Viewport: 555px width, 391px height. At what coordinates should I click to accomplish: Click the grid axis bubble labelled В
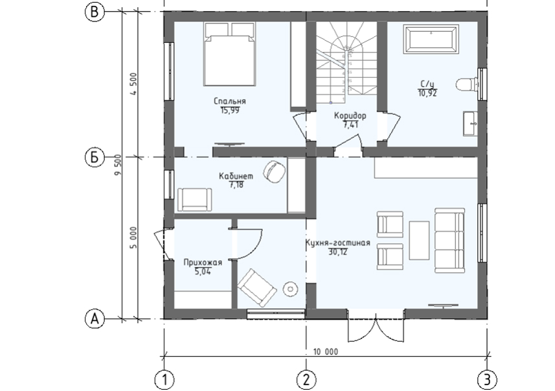click(95, 12)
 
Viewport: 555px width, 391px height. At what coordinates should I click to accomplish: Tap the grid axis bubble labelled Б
click(95, 157)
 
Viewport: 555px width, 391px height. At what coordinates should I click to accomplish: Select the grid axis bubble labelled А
click(95, 319)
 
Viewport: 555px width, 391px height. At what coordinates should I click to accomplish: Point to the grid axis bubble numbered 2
click(306, 380)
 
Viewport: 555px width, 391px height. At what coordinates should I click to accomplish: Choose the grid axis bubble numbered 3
click(487, 380)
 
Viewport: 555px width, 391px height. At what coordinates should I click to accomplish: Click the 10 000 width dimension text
click(326, 351)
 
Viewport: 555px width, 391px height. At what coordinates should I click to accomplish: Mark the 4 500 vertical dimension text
click(133, 84)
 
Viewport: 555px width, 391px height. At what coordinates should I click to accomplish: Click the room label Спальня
click(230, 101)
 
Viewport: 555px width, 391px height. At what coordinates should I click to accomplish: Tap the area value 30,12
click(338, 252)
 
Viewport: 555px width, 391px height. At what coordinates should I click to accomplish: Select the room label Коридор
click(350, 115)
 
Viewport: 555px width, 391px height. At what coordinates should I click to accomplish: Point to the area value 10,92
click(427, 93)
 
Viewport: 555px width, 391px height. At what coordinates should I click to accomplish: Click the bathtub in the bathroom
click(431, 40)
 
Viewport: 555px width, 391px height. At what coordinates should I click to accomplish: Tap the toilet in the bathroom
click(466, 85)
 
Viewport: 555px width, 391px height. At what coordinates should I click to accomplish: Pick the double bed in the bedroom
click(230, 54)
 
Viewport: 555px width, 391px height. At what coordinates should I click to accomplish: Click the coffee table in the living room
click(419, 241)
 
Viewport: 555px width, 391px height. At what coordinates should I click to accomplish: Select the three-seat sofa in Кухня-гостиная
click(449, 241)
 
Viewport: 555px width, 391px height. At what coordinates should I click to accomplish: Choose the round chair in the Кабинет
click(275, 171)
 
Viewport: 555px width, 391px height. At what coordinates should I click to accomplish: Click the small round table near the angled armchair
click(290, 289)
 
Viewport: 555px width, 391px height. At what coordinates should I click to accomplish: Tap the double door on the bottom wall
click(376, 326)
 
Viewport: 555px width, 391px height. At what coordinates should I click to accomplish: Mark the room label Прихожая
click(203, 263)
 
